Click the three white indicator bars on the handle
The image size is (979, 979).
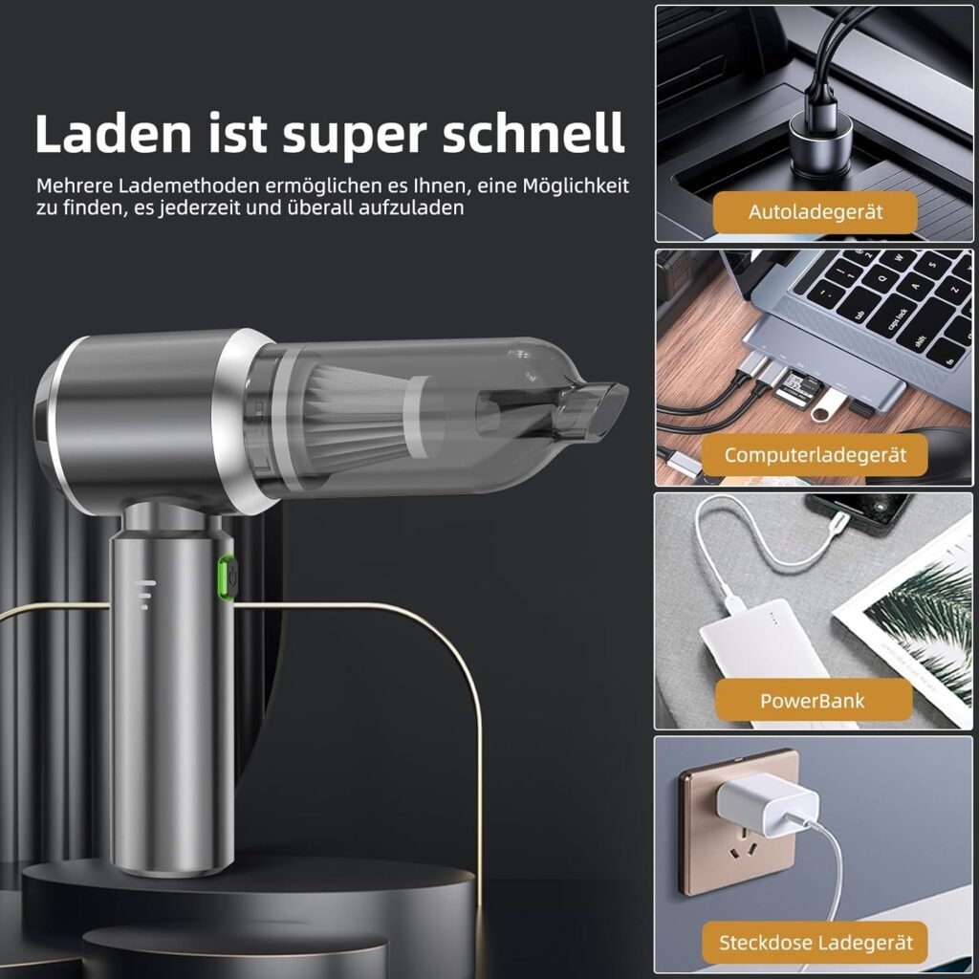pos(145,594)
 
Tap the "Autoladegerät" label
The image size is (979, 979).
pos(816,211)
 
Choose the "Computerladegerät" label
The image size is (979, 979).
pos(816,455)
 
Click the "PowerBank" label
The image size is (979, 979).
pos(813,700)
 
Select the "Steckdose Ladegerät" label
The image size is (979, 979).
pos(816,943)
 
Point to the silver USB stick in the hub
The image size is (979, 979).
pos(824,406)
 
